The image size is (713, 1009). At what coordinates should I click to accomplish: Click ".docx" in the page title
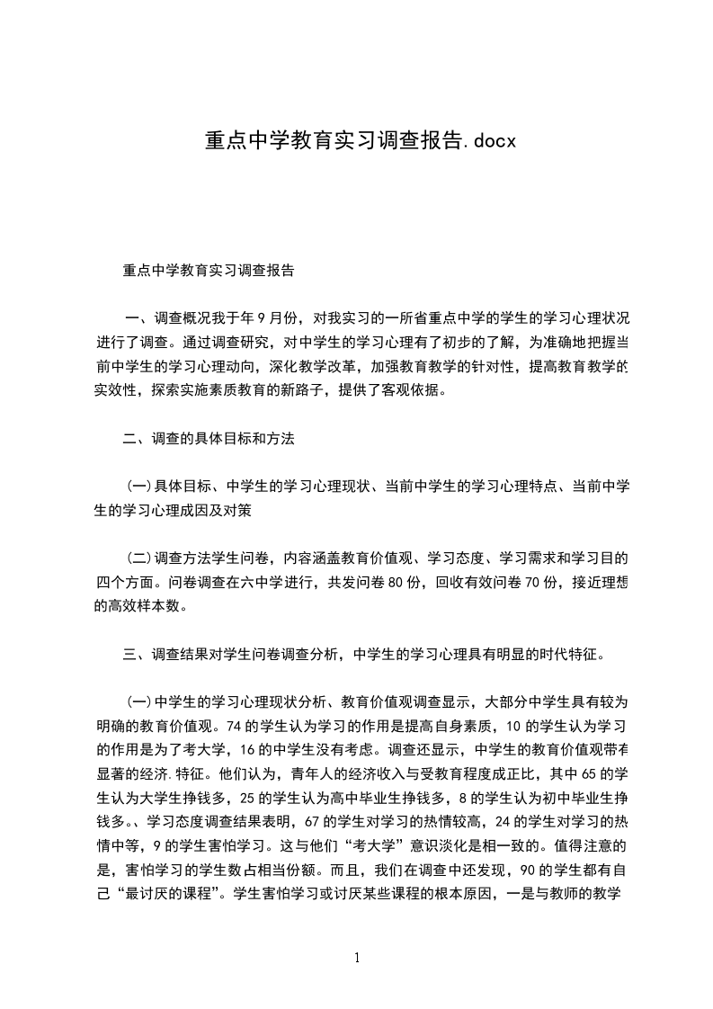point(486,142)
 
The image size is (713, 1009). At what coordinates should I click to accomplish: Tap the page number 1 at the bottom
point(357,958)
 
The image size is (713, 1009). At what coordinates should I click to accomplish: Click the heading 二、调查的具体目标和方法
point(209,439)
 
